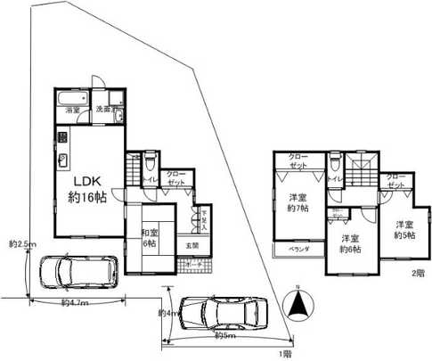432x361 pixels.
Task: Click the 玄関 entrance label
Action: point(192,244)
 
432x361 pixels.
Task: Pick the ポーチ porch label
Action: point(192,266)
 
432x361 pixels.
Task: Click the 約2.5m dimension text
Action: point(20,242)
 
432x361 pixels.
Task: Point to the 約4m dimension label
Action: point(165,313)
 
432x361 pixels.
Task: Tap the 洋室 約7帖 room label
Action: point(298,202)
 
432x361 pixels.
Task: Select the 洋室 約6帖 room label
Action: point(348,244)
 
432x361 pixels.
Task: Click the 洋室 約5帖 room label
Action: point(404,230)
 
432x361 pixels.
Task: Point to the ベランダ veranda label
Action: point(298,250)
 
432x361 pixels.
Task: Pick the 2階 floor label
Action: point(418,273)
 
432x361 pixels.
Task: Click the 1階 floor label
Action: point(284,355)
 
